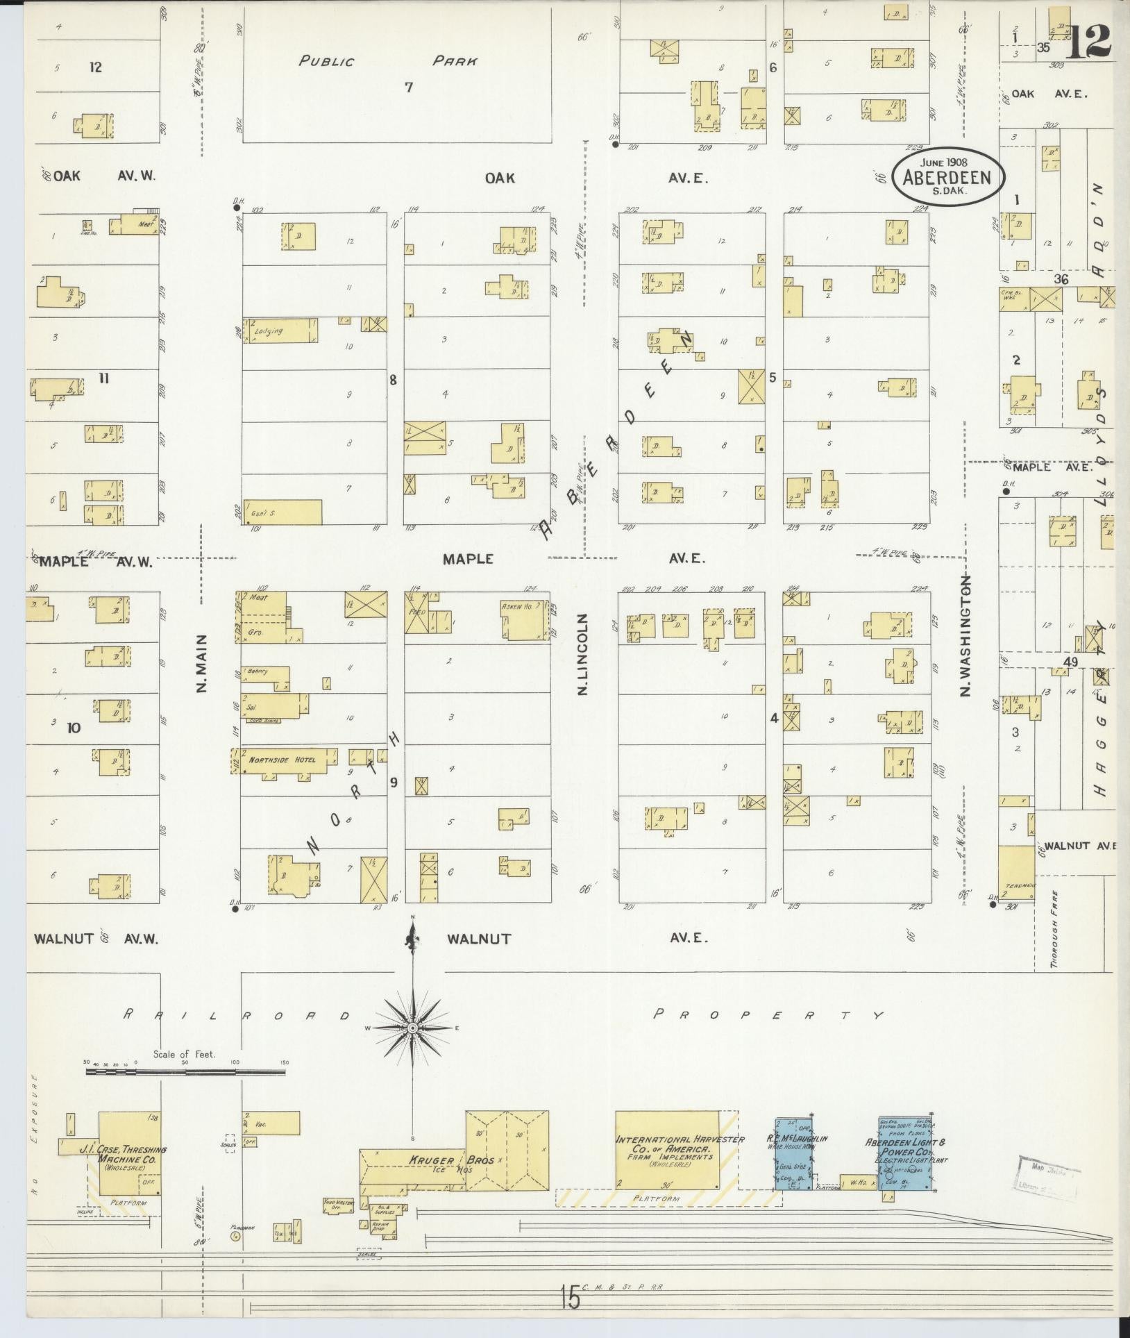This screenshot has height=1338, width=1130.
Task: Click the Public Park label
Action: pyautogui.click(x=387, y=61)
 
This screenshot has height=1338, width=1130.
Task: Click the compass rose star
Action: pyautogui.click(x=412, y=1028)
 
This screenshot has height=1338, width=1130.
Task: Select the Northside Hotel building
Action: pyautogui.click(x=284, y=761)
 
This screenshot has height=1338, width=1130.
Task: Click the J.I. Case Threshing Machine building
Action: pyautogui.click(x=130, y=1153)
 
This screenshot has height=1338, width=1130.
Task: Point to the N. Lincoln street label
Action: pyautogui.click(x=582, y=654)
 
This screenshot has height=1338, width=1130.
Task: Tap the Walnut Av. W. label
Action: pyautogui.click(x=96, y=939)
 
